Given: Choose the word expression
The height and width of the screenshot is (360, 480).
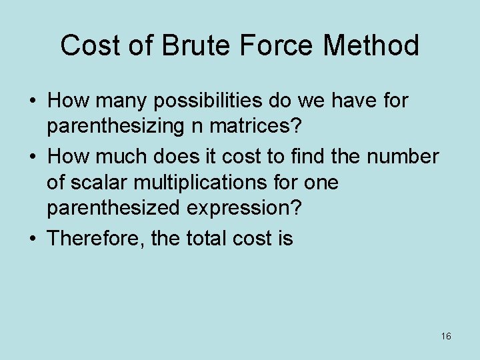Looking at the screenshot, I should point(245,207).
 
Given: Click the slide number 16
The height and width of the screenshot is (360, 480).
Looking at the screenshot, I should point(446,336).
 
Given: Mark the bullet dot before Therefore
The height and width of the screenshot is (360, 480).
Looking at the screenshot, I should point(33,239).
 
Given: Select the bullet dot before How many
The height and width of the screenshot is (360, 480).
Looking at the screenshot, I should point(33,102).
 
